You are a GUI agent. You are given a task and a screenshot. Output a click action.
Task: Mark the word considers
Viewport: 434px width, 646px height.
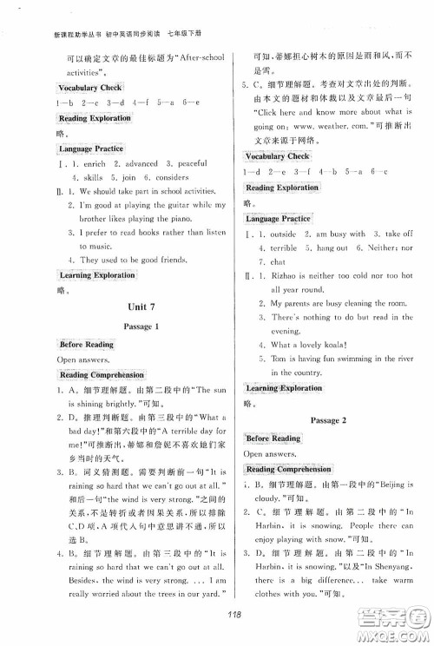coord(164,177)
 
